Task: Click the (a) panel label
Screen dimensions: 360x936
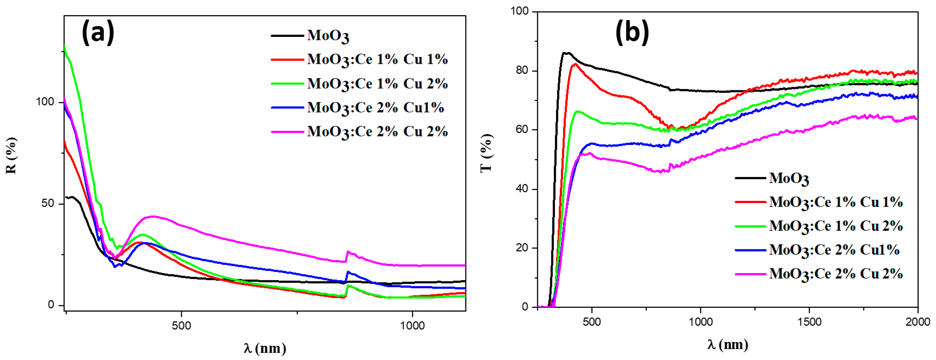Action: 98,33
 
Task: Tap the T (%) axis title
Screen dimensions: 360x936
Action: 486,152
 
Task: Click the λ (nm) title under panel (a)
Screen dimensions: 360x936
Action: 265,348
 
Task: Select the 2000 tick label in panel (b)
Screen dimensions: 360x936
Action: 918,322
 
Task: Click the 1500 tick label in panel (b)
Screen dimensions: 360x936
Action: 809,322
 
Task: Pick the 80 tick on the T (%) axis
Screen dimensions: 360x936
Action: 522,70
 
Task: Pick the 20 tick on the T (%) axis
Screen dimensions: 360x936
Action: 522,247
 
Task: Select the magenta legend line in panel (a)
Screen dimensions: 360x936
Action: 287,132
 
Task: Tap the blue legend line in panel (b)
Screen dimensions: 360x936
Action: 751,250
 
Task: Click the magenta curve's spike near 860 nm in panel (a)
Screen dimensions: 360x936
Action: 348,251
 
